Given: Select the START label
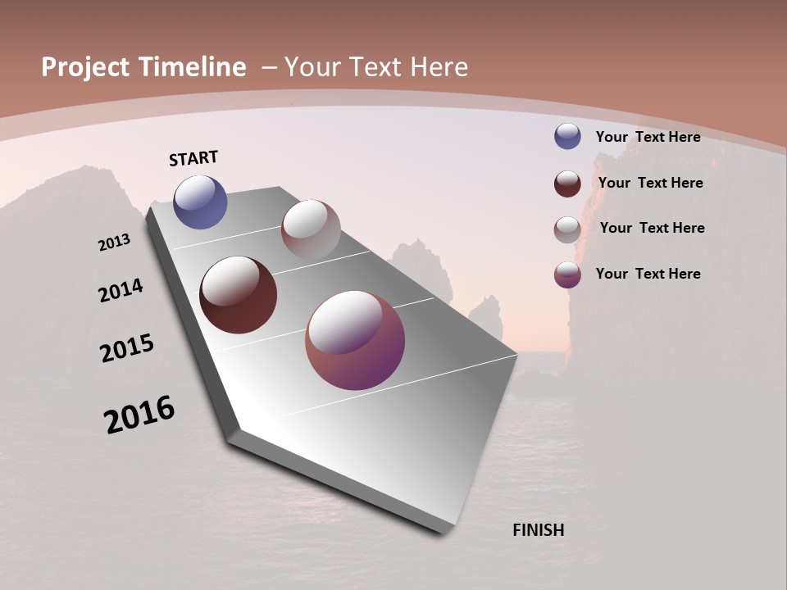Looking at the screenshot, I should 193,158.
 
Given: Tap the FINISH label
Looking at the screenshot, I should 539,530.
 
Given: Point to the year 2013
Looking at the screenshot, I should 115,243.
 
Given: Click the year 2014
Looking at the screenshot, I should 121,290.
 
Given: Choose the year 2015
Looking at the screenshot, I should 127,348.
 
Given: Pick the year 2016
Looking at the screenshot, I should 140,415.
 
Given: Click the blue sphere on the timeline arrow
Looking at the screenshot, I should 200,202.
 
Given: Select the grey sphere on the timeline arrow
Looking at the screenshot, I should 311,229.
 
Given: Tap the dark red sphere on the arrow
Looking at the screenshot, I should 239,295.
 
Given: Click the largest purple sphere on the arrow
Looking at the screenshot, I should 355,340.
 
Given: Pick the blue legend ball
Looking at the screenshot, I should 567,136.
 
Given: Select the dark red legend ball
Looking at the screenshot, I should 567,184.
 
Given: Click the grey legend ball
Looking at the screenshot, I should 567,229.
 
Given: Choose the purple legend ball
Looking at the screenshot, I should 567,275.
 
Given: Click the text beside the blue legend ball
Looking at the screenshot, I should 648,138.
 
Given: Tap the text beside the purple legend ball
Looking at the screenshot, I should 648,274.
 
